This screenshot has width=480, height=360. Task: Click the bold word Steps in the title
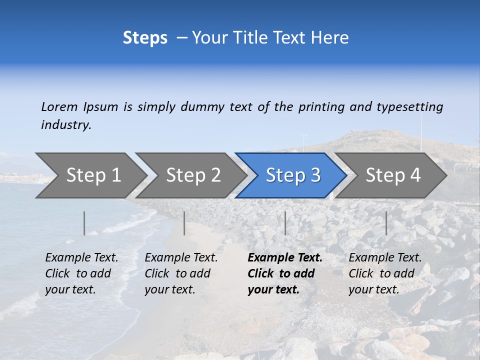tap(145, 38)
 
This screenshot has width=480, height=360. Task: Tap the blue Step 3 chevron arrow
tap(291, 175)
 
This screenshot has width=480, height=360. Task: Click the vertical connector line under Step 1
tap(84, 223)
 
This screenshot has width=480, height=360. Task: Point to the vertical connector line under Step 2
tap(184, 223)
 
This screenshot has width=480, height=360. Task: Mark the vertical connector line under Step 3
tap(285, 223)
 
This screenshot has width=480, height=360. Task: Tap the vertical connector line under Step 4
tap(386, 223)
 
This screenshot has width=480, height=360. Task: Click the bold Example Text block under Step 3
tap(284, 273)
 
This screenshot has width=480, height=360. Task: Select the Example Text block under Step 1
tap(81, 273)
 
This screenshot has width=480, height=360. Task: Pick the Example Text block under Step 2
tap(180, 273)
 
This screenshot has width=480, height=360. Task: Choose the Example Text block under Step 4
tap(384, 273)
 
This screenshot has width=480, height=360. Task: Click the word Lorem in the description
tap(59, 107)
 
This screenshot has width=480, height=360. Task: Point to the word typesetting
tap(409, 107)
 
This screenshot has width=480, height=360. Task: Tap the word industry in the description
tap(66, 125)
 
